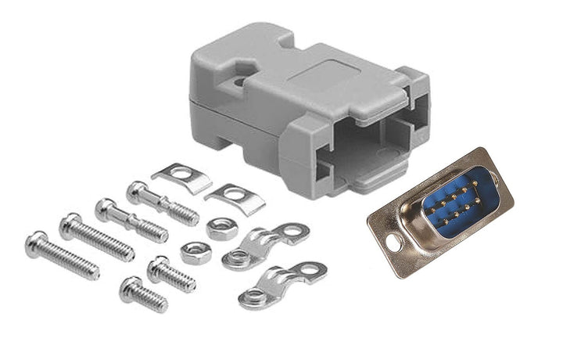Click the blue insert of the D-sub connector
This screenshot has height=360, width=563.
(x=454, y=206)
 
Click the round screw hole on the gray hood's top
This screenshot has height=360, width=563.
(x=238, y=78)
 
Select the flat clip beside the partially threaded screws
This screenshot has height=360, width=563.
(x=182, y=178)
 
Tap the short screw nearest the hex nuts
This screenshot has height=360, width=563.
(x=170, y=274)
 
